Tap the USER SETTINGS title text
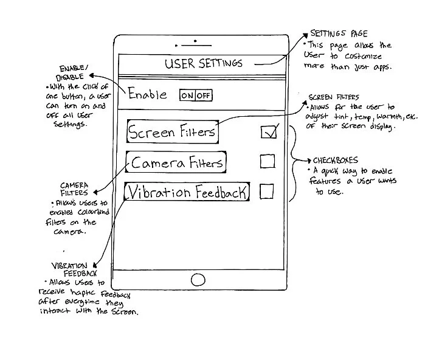pos(203,63)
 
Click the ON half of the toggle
pos(187,95)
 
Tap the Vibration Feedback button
pos(187,193)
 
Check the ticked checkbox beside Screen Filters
pos(268,131)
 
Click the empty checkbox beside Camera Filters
pos(267,161)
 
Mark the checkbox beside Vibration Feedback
pos(266,192)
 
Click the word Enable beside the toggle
pos(147,94)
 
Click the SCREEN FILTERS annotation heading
pos(334,97)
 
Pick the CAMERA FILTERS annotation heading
pos(74,189)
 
